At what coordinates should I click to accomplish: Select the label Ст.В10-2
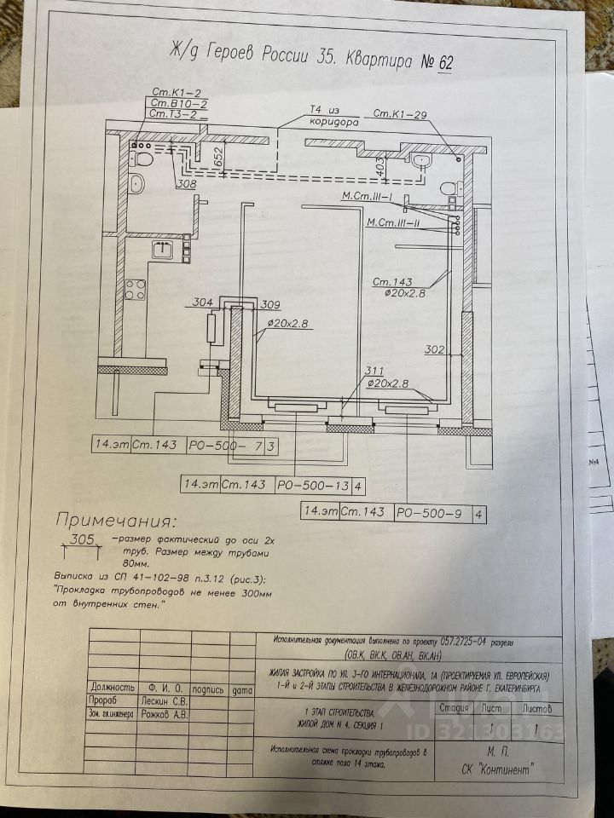(x=174, y=102)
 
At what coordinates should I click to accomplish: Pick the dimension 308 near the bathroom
(x=185, y=184)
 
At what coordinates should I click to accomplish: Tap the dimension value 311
(x=373, y=372)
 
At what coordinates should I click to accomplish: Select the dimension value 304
(x=202, y=302)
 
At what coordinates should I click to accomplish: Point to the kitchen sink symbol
(x=163, y=250)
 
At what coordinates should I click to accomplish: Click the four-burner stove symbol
(x=134, y=288)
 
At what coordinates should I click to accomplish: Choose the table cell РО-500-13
(x=313, y=486)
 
